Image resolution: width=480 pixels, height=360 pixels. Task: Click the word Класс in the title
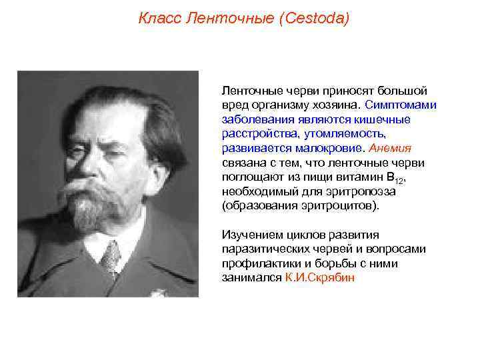tap(158, 18)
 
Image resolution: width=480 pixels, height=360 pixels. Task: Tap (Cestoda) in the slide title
tap(315, 18)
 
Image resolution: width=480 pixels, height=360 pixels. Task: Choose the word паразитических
tap(263, 249)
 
